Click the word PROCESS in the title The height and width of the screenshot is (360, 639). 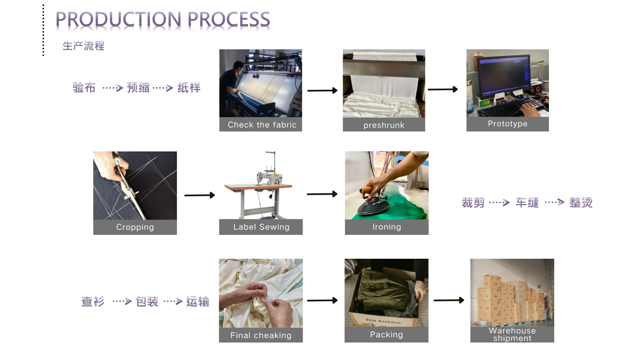point(229,20)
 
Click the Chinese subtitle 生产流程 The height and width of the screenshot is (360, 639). point(83,46)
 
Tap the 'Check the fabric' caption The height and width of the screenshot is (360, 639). point(262,125)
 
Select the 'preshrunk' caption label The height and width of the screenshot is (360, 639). point(384,125)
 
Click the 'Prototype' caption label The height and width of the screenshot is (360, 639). point(508,124)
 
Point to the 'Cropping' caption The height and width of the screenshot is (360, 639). point(135,227)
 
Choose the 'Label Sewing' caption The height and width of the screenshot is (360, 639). point(261,227)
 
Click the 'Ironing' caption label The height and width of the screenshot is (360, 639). point(387,227)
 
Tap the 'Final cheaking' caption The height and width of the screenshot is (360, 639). point(261,335)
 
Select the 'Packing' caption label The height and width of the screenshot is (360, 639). point(386,335)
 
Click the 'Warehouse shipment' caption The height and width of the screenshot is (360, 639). point(512,335)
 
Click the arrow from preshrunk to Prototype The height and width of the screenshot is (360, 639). point(443,90)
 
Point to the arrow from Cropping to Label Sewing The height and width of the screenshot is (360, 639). point(200,196)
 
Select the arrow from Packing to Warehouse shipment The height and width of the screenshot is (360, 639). point(449,301)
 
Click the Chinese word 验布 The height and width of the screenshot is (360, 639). point(84,87)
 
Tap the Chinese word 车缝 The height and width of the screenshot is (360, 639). point(527,203)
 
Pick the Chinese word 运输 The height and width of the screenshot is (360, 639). point(198,302)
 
